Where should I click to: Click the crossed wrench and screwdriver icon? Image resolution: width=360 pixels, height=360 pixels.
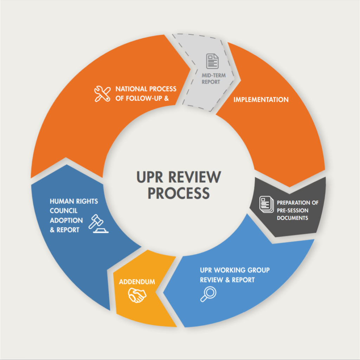pos(102,94)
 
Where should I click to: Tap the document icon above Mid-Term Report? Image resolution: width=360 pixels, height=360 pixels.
pos(212,61)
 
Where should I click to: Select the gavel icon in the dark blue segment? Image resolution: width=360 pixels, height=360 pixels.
pos(98,224)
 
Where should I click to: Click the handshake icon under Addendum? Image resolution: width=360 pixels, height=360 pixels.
pos(137,295)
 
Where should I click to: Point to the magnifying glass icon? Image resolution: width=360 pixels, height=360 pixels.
pos(208,294)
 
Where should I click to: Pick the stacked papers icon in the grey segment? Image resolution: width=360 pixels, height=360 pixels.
pos(266,204)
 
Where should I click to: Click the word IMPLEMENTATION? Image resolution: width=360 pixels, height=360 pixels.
pos(261,99)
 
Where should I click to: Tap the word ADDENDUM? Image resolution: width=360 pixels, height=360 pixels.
pos(137,282)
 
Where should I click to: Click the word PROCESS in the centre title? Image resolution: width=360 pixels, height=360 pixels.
pos(179,193)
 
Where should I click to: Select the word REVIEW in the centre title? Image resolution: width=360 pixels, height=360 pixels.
pos(195,177)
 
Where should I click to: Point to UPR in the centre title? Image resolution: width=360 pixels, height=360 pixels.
pos(150,177)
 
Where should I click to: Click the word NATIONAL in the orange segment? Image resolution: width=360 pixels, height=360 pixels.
pos(131,89)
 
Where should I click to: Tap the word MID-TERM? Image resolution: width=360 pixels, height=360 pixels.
pos(214,75)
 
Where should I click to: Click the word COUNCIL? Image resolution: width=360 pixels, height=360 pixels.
pos(64,211)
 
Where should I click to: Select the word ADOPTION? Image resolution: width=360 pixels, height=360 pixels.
pos(66,220)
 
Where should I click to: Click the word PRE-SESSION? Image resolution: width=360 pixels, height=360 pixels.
pos(292,210)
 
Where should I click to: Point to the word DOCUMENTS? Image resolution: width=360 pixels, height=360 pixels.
pos(292,218)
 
